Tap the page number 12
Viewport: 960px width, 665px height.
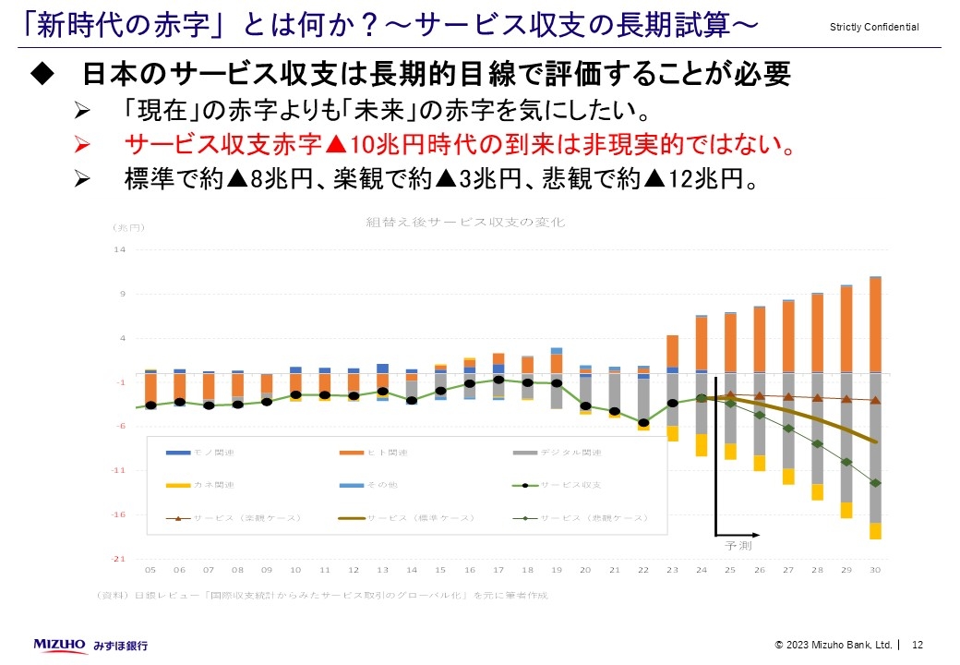coord(918,645)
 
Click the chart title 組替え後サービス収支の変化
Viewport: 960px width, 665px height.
coord(465,222)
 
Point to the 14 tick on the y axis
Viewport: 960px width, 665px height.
coord(120,249)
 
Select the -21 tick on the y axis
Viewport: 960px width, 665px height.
coord(119,559)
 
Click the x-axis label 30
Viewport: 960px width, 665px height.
coord(875,571)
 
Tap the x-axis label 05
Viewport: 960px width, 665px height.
coord(150,571)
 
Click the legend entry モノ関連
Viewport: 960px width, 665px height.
coord(209,453)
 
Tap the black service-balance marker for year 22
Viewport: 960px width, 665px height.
coord(643,423)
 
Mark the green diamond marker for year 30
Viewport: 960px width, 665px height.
coord(875,483)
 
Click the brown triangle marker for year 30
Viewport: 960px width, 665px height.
coord(875,400)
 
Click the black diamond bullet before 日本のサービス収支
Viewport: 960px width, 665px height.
coord(36,73)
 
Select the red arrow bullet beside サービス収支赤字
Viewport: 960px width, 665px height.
coord(81,145)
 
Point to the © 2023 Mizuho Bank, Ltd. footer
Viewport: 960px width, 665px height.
coord(834,645)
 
